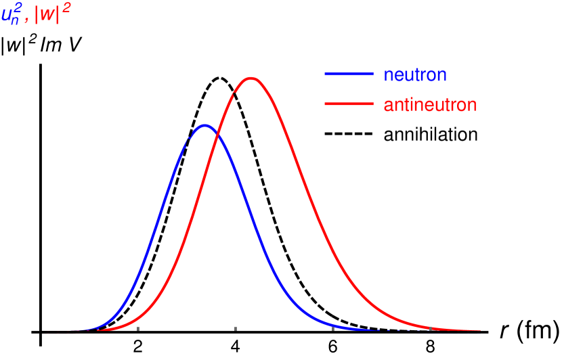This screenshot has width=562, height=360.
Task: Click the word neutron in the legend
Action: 415,74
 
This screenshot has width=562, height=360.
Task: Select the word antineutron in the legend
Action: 430,105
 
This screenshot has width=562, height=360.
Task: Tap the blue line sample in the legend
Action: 349,74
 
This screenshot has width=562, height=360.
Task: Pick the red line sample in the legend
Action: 349,104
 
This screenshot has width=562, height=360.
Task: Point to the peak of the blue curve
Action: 204,125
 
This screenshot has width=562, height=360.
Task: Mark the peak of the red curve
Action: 251,78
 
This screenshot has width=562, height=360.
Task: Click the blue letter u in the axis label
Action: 6,15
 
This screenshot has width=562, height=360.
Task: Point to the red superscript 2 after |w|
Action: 67,8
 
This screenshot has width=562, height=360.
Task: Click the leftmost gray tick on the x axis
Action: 138,328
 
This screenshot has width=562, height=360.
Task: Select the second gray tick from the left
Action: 236,328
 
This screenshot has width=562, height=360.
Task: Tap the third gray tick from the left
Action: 333,328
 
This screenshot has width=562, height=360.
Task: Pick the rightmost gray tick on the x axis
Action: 431,328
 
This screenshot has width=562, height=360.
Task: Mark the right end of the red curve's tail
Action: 479,330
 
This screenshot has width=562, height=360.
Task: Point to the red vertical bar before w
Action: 37,15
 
